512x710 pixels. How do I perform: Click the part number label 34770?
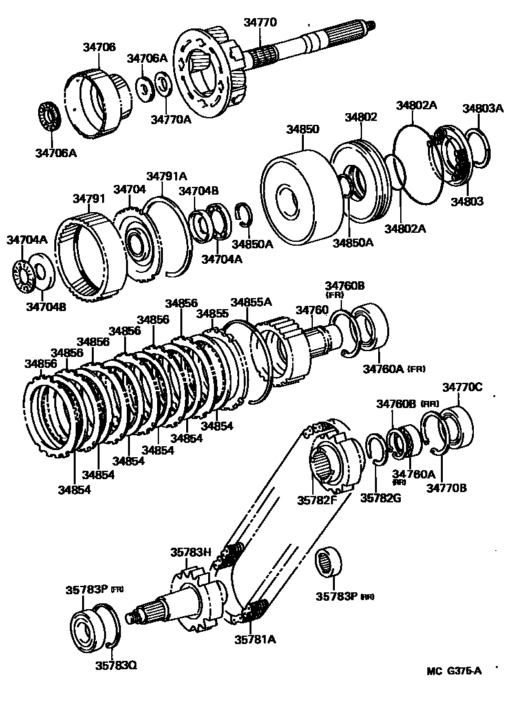pyautogui.click(x=260, y=22)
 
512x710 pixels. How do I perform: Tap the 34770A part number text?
pyautogui.click(x=171, y=119)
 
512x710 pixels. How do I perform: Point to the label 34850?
pyautogui.click(x=303, y=129)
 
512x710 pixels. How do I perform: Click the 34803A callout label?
pyautogui.click(x=482, y=109)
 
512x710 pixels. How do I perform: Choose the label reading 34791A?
pyautogui.click(x=166, y=176)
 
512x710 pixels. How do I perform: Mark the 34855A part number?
pyautogui.click(x=251, y=302)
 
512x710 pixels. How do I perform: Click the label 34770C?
pyautogui.click(x=462, y=387)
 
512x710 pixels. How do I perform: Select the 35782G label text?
pyautogui.click(x=380, y=498)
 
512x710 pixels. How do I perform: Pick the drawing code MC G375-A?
pyautogui.click(x=454, y=671)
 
